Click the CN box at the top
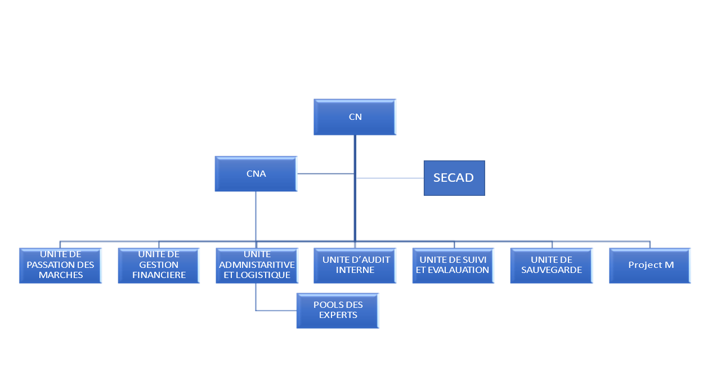point(355,117)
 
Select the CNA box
point(256,174)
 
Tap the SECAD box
point(454,178)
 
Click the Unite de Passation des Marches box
point(60,265)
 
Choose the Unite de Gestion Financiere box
point(159,265)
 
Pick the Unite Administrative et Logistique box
point(257,265)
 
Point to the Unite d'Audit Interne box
point(355,265)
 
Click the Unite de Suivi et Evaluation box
point(454,265)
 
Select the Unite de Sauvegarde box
point(552,265)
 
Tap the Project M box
point(650,265)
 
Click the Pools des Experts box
point(338,310)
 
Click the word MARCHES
point(61,275)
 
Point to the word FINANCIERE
point(159,276)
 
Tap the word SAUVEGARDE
point(552,270)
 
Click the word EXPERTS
point(338,315)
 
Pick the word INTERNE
point(355,270)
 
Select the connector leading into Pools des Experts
point(276,310)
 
